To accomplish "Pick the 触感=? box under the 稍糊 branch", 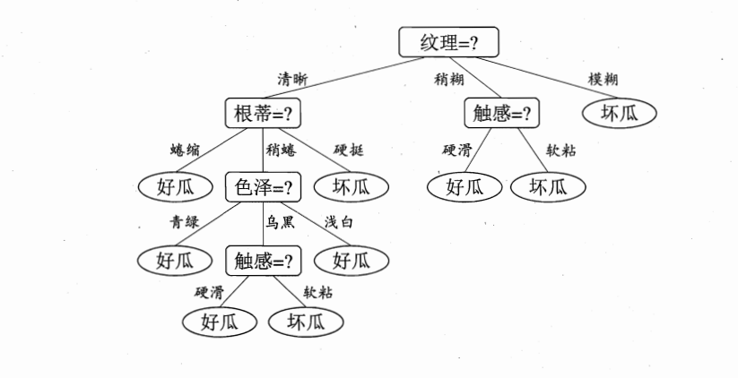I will [502, 114].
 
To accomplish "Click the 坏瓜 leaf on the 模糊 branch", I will [619, 113].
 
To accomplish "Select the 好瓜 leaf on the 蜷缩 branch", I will [175, 187].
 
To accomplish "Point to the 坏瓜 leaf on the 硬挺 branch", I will [352, 187].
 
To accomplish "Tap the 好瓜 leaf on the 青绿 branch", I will [175, 261].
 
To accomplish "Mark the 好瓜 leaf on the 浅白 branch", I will [352, 261].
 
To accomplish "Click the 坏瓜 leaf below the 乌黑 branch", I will [306, 321].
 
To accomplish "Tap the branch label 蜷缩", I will [186, 149].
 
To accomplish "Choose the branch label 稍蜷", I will [281, 150].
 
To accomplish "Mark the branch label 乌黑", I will [279, 222].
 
